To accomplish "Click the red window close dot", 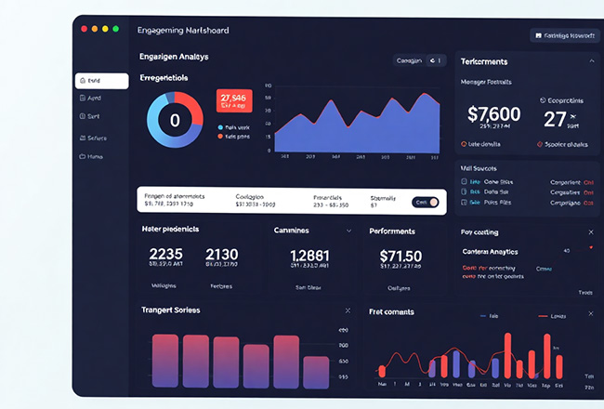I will point(85,30).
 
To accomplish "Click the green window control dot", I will point(115,30).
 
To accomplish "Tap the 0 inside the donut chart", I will point(175,120).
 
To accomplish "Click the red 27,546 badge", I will point(234,101).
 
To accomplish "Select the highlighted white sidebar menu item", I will point(101,81).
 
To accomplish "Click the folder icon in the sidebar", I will point(83,156).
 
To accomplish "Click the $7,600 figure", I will point(493,114).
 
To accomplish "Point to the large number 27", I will point(555,119).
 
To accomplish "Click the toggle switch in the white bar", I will point(427,202).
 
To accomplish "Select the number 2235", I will point(167,256).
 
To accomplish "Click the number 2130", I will point(221,256).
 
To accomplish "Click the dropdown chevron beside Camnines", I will point(348,230).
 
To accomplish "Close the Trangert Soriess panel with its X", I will point(348,310).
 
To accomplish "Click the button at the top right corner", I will point(562,35).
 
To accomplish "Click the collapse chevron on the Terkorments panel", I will point(591,61).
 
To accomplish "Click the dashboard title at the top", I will point(182,31).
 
